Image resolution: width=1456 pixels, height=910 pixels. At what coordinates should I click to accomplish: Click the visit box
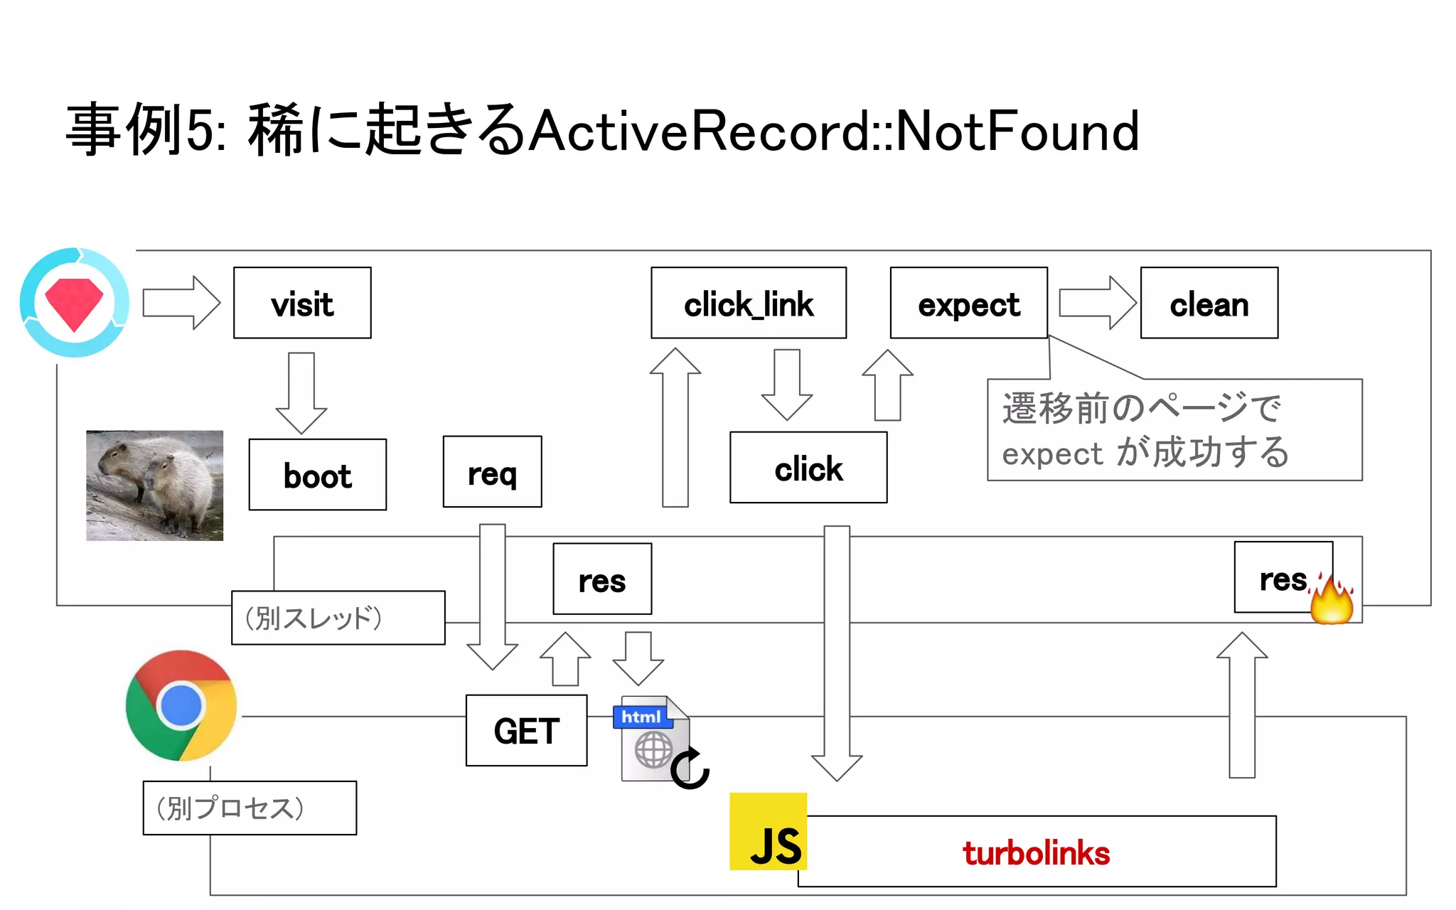302,303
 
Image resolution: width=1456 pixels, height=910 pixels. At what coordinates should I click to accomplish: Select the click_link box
748,303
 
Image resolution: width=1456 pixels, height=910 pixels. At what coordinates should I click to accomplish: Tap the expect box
968,303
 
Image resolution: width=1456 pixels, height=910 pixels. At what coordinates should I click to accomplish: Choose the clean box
1209,303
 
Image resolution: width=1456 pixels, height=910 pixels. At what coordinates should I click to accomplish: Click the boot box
317,474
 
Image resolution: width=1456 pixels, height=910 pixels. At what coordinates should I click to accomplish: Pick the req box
492,471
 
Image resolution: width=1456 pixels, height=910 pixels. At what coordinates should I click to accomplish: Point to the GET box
526,730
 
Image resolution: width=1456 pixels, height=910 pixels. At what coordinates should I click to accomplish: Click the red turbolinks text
1036,852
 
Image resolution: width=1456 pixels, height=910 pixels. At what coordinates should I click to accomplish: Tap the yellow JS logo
768,831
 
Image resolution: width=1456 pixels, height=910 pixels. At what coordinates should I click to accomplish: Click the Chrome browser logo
181,705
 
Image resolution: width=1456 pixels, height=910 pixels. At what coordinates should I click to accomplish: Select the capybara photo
154,485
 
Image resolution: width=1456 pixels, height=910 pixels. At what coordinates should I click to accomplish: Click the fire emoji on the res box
1332,599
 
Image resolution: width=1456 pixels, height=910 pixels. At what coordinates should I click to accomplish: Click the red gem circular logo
75,302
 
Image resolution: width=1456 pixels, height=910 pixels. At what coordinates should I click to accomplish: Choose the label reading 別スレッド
338,618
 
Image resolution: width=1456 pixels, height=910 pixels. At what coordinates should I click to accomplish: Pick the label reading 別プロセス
250,808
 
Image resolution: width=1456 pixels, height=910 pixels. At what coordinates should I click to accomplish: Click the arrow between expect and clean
1097,303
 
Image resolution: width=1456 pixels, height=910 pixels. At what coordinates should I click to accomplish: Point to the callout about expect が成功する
1174,430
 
